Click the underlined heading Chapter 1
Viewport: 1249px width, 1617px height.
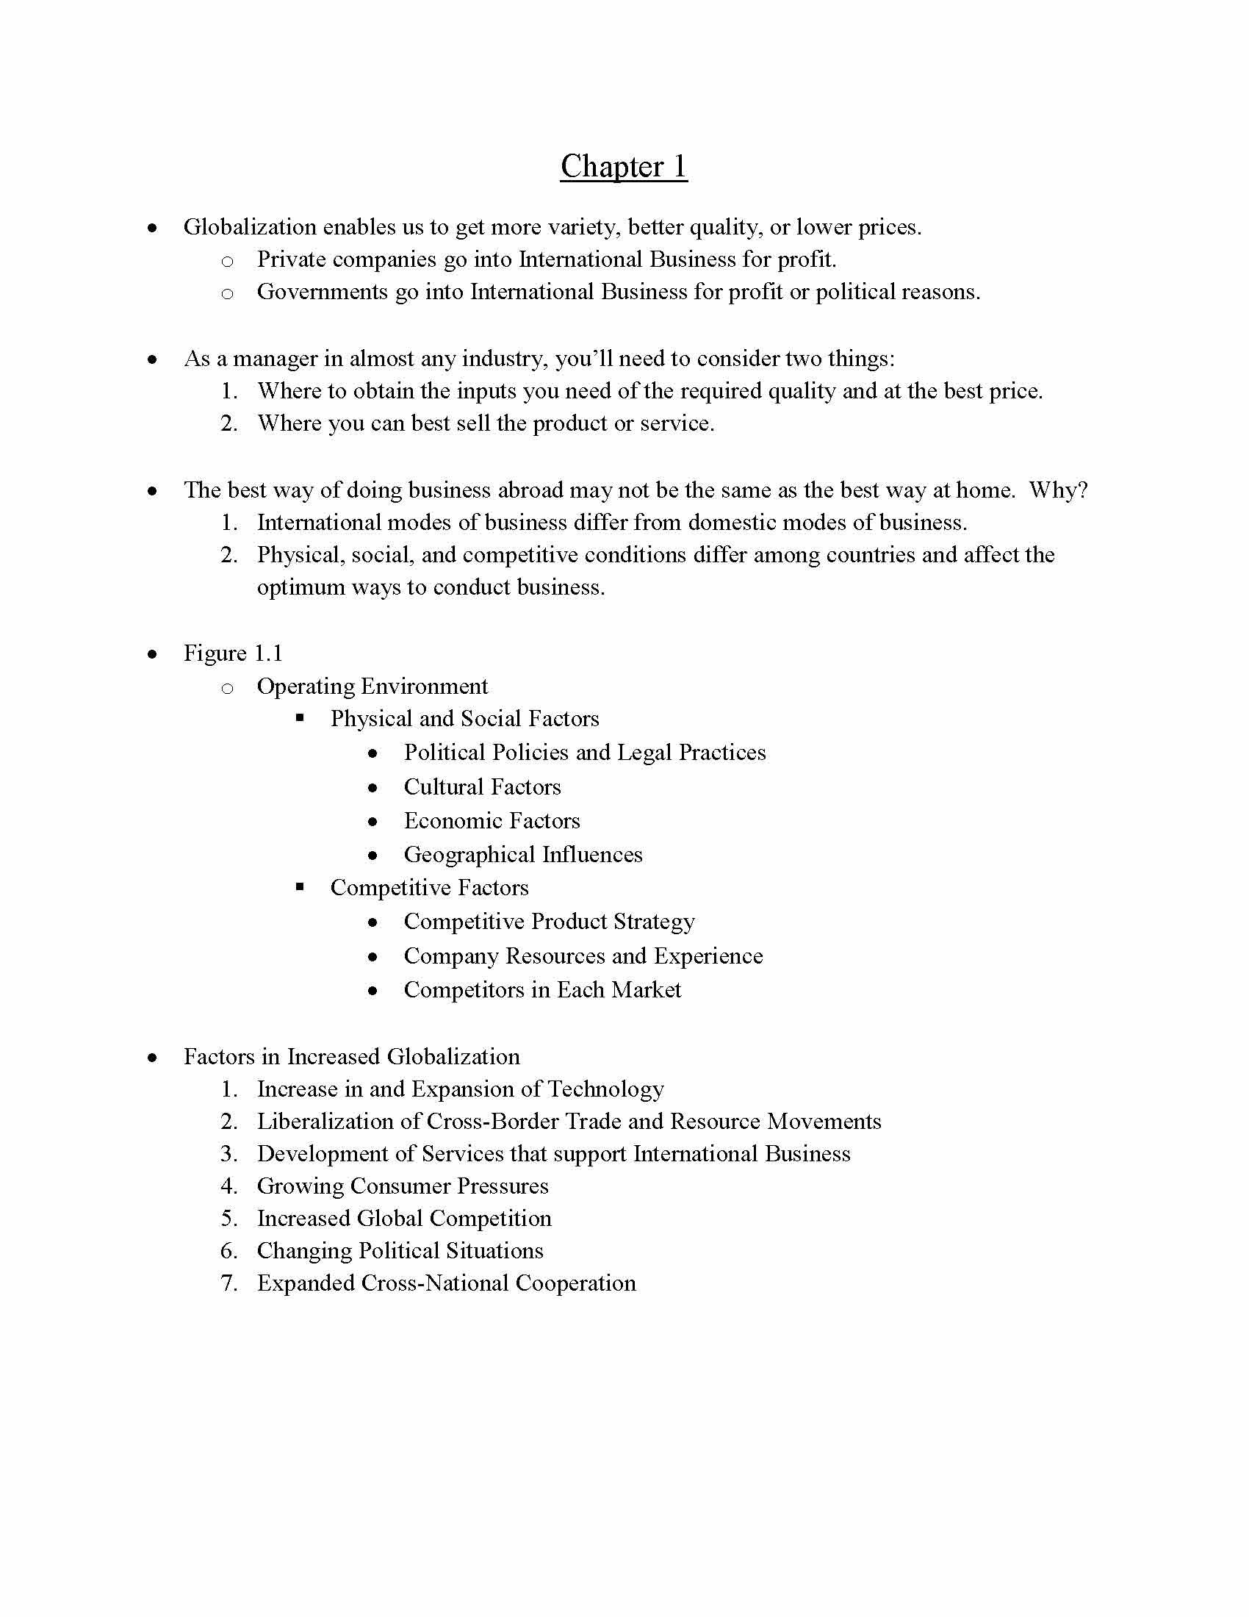(x=623, y=167)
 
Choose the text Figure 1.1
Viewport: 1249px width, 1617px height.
(x=233, y=653)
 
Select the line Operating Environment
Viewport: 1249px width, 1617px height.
(x=372, y=686)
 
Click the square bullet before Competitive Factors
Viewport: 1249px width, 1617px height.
(x=300, y=886)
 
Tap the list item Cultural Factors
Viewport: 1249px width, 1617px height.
(x=483, y=787)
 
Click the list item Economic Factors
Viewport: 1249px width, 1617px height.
(x=492, y=821)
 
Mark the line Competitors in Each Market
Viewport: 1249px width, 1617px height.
(x=542, y=991)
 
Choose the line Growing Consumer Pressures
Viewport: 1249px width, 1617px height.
(x=403, y=1186)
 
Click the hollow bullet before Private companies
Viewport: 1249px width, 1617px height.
(x=227, y=262)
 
